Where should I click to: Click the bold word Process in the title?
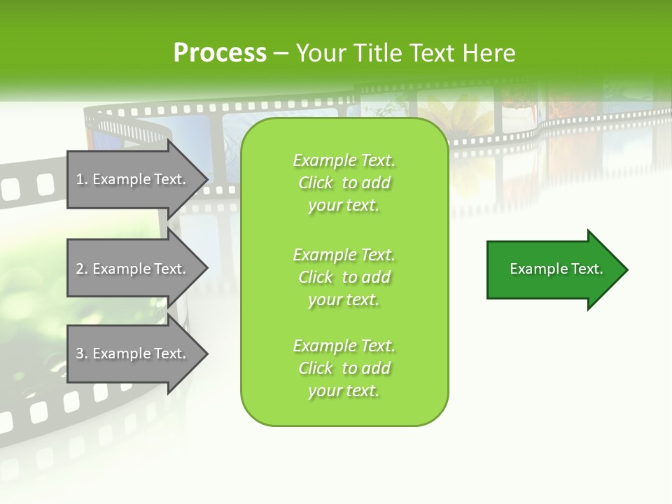(220, 53)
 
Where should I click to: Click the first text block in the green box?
(344, 183)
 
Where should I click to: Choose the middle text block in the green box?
(344, 277)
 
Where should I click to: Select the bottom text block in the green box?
(344, 368)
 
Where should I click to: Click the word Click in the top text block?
(316, 183)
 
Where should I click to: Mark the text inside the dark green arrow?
(556, 269)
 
